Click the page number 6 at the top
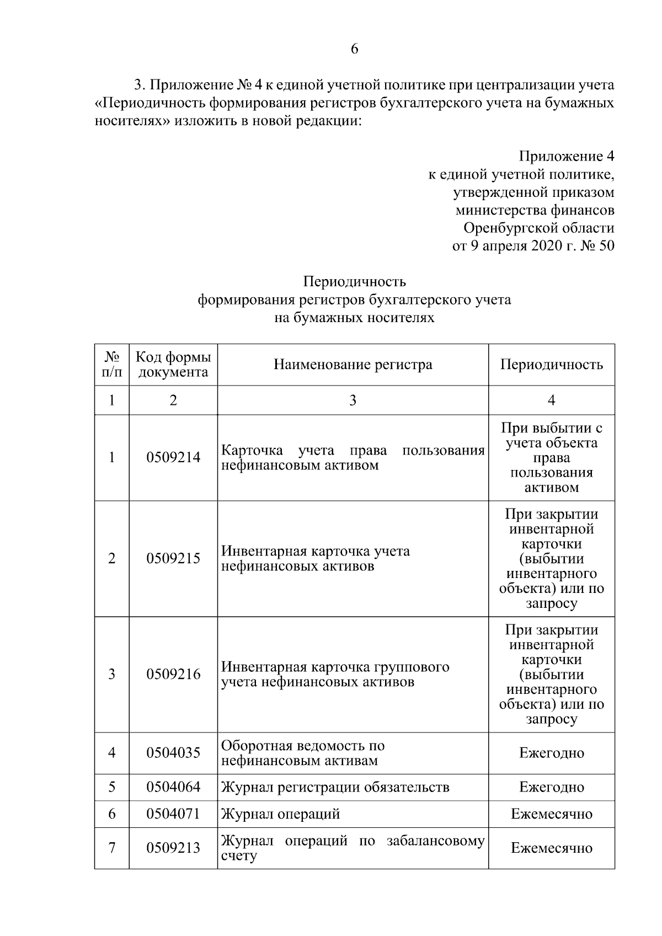coord(354,49)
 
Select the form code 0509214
coord(173,458)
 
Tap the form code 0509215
coord(173,559)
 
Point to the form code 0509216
coord(173,675)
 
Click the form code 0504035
coord(173,753)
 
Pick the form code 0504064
coord(173,787)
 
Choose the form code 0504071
coord(173,814)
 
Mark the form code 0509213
coord(173,848)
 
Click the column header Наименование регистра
coord(353,365)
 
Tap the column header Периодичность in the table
coord(551,365)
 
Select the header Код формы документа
coord(173,365)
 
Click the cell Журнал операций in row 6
coord(281,814)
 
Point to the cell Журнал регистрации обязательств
coord(335,787)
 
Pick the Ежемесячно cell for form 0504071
coord(551,814)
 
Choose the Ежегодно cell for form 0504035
coord(551,753)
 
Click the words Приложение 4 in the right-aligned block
coord(567,156)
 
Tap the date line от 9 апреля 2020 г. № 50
coord(533,245)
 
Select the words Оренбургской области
coord(538,228)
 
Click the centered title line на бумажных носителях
coord(354,318)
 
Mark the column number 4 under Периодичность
coord(551,400)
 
